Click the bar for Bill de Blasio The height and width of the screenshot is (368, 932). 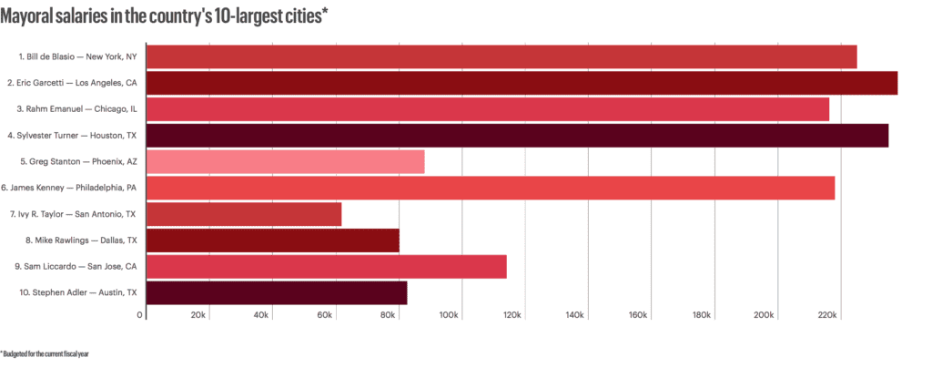tap(501, 56)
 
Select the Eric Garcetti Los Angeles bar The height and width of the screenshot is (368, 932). tap(522, 83)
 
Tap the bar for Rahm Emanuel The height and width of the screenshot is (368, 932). tap(487, 109)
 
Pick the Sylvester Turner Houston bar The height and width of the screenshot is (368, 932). tap(517, 136)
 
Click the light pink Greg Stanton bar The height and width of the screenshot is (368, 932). tap(285, 162)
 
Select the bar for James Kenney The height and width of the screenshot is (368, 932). tap(490, 189)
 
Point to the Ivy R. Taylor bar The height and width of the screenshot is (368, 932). tap(243, 215)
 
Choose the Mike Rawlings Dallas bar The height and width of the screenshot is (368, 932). tap(272, 241)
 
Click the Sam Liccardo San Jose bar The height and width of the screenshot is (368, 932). tap(326, 267)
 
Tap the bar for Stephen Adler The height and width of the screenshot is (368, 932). tap(276, 293)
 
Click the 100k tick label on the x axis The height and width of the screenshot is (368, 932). tap(449, 315)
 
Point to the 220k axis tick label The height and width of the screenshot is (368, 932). tap(827, 315)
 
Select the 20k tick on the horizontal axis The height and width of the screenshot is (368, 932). tap(198, 315)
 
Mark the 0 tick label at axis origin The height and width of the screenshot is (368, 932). tap(140, 315)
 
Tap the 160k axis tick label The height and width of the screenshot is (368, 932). tap(638, 315)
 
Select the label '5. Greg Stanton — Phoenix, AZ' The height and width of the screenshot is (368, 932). tap(78, 162)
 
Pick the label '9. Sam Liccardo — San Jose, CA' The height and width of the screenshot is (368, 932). tap(76, 267)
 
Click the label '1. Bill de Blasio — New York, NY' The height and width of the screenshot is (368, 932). tap(76, 56)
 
